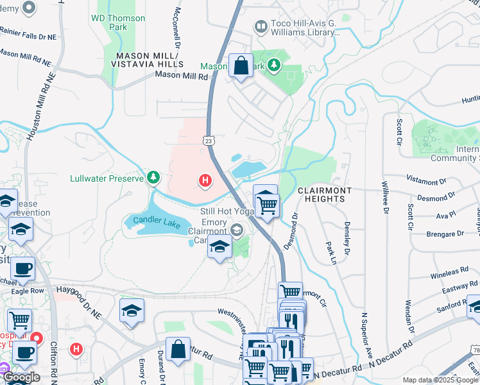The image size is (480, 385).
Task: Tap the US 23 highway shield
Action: point(208,139)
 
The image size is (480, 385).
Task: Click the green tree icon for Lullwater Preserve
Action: point(153,177)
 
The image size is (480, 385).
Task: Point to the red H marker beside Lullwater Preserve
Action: point(205,182)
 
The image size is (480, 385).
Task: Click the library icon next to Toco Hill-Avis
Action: point(261,27)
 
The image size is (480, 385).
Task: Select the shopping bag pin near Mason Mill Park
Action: point(241,65)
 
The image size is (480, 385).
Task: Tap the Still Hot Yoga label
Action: point(216,210)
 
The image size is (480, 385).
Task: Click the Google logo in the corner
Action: point(21,378)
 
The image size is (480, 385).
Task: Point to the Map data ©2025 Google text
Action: point(440,380)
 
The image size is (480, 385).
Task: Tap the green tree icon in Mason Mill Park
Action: point(274,65)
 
